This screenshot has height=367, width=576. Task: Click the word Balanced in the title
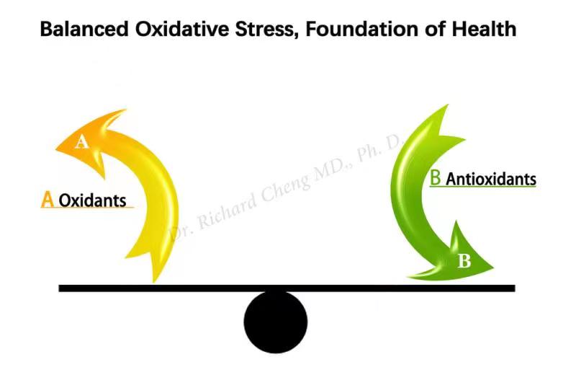(84, 29)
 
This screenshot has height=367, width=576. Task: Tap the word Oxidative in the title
(182, 29)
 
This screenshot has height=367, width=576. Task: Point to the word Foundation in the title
(363, 29)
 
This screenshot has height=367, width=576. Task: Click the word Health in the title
(484, 29)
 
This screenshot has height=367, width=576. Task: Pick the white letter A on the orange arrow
(81, 142)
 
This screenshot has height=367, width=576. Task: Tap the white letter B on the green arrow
(464, 261)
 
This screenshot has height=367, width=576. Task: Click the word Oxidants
(93, 200)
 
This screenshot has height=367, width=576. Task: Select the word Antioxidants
(491, 180)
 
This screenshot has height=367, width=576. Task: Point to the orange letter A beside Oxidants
(48, 199)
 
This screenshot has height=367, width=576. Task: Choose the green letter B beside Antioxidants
(436, 177)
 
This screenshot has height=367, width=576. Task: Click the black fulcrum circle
(276, 322)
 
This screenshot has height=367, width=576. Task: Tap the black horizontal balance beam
(287, 288)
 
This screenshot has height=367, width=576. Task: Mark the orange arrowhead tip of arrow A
(56, 149)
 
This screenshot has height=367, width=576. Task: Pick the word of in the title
(436, 29)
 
